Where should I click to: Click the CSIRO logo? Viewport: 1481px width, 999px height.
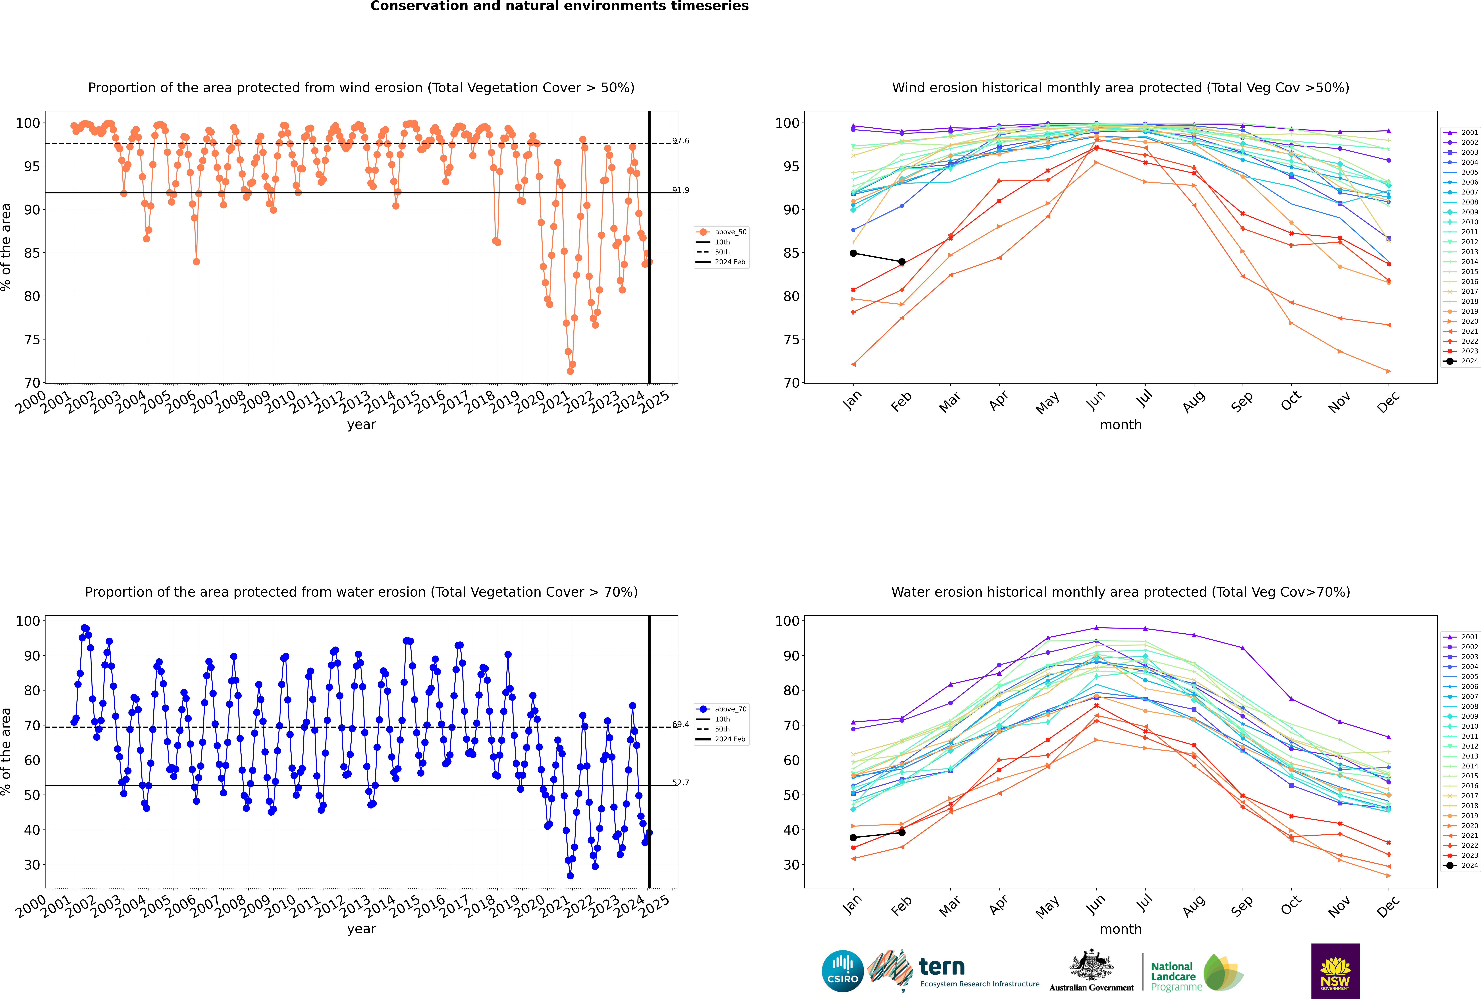coord(842,971)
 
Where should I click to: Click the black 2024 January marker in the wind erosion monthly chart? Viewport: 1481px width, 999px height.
coord(853,253)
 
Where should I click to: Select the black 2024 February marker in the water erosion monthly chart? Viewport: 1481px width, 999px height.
coord(902,832)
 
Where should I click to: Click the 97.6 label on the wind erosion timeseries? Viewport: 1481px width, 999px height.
coord(681,141)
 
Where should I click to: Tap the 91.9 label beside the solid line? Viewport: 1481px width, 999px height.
coord(681,190)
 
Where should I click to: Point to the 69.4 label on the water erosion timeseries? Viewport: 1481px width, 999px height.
coord(681,724)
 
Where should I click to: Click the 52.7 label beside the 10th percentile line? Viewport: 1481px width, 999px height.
coord(681,782)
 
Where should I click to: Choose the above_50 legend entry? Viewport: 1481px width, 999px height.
coord(721,232)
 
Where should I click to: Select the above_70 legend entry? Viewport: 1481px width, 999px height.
coord(721,709)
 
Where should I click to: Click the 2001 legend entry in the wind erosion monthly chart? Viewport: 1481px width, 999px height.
coord(1461,133)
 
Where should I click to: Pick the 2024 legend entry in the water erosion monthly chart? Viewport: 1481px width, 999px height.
coord(1461,865)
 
